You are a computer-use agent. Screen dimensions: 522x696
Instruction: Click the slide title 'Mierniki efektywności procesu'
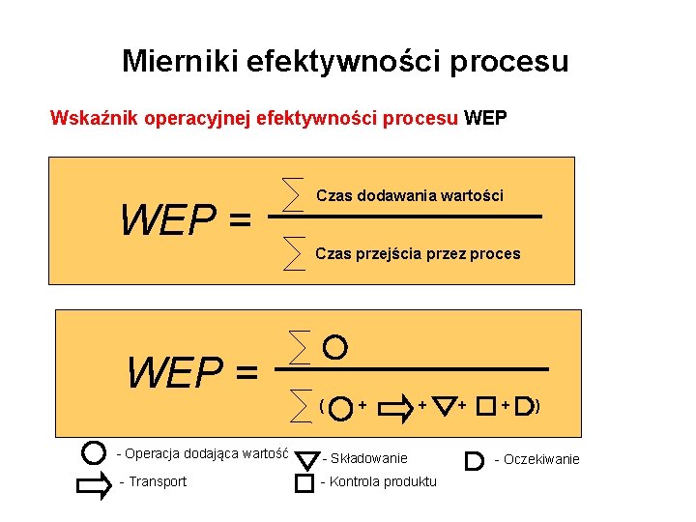pos(345,62)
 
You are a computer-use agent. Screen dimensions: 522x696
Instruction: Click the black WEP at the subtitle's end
pos(485,120)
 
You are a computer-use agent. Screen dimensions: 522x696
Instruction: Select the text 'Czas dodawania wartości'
pos(409,195)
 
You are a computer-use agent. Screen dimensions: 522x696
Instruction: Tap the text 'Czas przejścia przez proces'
pos(418,254)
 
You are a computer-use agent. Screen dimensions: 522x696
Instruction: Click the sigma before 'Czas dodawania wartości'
pos(291,194)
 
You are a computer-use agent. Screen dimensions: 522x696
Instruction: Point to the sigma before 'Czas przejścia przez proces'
pos(291,252)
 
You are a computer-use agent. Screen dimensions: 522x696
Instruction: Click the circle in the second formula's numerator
pos(334,345)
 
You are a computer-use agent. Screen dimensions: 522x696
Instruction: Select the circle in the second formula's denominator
pos(340,407)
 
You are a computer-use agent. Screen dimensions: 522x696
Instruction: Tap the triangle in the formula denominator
pos(444,406)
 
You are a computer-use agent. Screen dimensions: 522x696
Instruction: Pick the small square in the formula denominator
pos(485,405)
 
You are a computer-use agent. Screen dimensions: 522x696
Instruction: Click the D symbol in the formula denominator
pos(524,406)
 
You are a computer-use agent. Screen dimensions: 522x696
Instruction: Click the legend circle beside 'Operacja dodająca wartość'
pos(94,452)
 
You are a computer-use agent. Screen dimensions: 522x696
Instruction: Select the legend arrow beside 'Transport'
pos(94,481)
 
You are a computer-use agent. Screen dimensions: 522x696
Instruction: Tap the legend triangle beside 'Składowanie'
pos(306,457)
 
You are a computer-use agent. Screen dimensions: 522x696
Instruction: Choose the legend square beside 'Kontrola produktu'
pos(304,482)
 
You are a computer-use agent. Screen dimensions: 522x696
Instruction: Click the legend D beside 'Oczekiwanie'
pos(474,459)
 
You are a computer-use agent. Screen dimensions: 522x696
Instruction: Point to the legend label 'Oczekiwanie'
pos(541,459)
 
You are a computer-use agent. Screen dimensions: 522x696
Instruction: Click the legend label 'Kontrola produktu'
pos(383,482)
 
